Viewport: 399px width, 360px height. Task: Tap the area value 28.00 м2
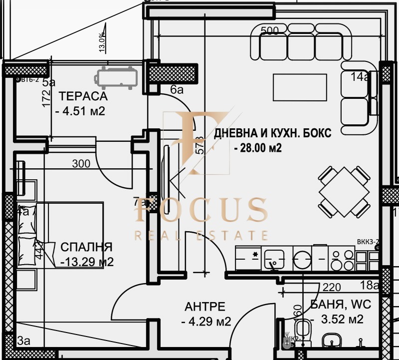click(257, 148)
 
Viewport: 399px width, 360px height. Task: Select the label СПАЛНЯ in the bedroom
click(86, 247)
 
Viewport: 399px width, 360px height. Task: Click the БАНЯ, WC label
click(341, 304)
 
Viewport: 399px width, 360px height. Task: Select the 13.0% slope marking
click(102, 42)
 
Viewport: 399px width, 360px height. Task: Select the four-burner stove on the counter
click(342, 259)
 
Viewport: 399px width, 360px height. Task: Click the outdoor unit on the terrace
click(116, 77)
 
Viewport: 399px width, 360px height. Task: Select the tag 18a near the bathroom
click(369, 285)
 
